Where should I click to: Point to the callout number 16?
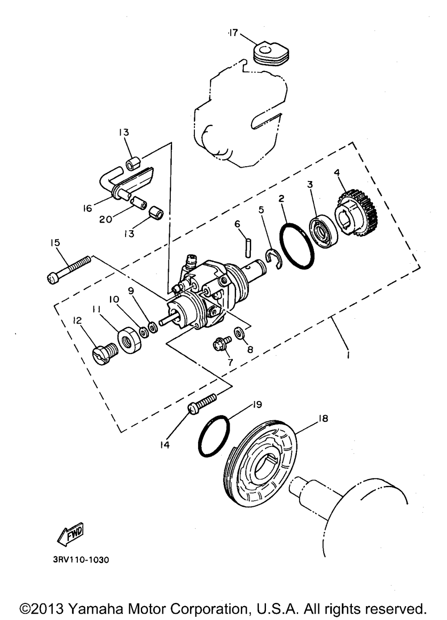(x=88, y=208)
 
